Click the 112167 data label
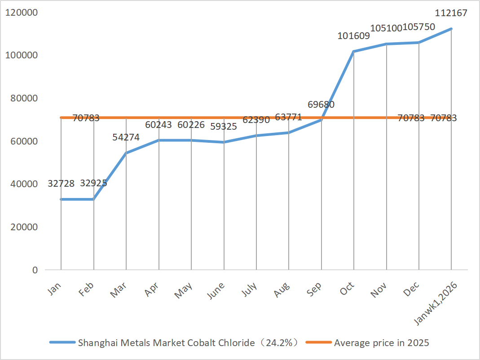pyautogui.click(x=451, y=13)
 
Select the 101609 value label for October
pyautogui.click(x=354, y=36)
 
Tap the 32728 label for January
pyautogui.click(x=61, y=184)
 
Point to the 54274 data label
pyautogui.click(x=126, y=137)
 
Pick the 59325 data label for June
pyautogui.click(x=224, y=127)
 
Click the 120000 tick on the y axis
pyautogui.click(x=21, y=12)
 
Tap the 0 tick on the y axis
pyautogui.click(x=34, y=270)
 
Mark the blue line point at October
pyautogui.click(x=354, y=52)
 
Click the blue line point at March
pyautogui.click(x=126, y=153)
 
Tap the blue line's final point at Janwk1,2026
pyautogui.click(x=451, y=29)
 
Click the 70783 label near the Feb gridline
pyautogui.click(x=86, y=119)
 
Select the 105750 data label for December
pyautogui.click(x=419, y=27)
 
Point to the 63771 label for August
pyautogui.click(x=288, y=118)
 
